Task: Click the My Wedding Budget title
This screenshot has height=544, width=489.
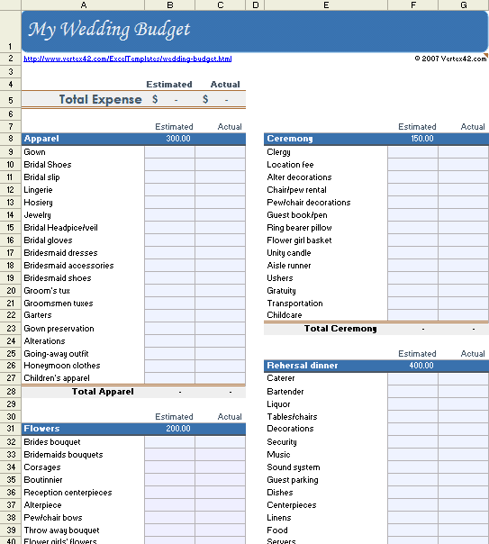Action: (x=109, y=30)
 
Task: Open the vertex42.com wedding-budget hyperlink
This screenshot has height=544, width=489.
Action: (x=127, y=59)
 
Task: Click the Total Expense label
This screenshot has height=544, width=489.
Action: (x=100, y=99)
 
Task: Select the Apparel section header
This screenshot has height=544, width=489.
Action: (x=41, y=139)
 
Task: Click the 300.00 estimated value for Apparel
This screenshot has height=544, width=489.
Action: (x=178, y=139)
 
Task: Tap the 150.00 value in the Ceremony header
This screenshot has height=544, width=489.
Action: (x=421, y=139)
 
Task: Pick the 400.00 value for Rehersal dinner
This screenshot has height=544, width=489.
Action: (x=421, y=366)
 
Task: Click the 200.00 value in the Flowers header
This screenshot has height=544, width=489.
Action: (x=178, y=429)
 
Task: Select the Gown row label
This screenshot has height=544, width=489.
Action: (x=34, y=152)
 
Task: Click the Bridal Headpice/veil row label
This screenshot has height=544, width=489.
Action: (x=60, y=228)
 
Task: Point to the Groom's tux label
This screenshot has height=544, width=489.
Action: (x=47, y=291)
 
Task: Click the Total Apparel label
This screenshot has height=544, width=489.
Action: (x=103, y=392)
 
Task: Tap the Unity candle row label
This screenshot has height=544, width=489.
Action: (x=288, y=253)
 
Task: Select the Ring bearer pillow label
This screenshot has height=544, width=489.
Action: (x=299, y=228)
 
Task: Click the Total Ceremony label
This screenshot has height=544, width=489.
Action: (x=340, y=329)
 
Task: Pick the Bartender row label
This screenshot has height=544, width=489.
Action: (x=285, y=392)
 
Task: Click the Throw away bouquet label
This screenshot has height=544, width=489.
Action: (x=61, y=530)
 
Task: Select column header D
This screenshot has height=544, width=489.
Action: (x=255, y=5)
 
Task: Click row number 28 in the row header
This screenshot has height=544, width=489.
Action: (x=10, y=392)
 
